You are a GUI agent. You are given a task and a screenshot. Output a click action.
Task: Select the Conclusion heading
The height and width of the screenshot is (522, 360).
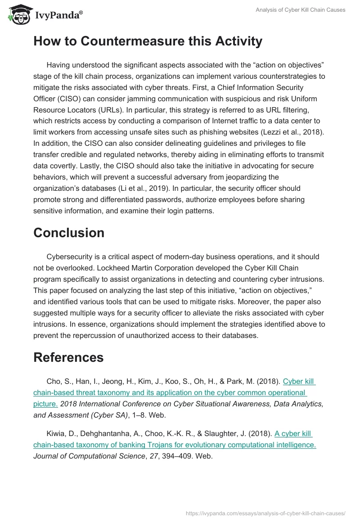69,233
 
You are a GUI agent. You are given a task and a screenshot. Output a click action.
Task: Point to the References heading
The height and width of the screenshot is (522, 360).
68,357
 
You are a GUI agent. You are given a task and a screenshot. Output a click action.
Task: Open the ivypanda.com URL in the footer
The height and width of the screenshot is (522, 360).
265,513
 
